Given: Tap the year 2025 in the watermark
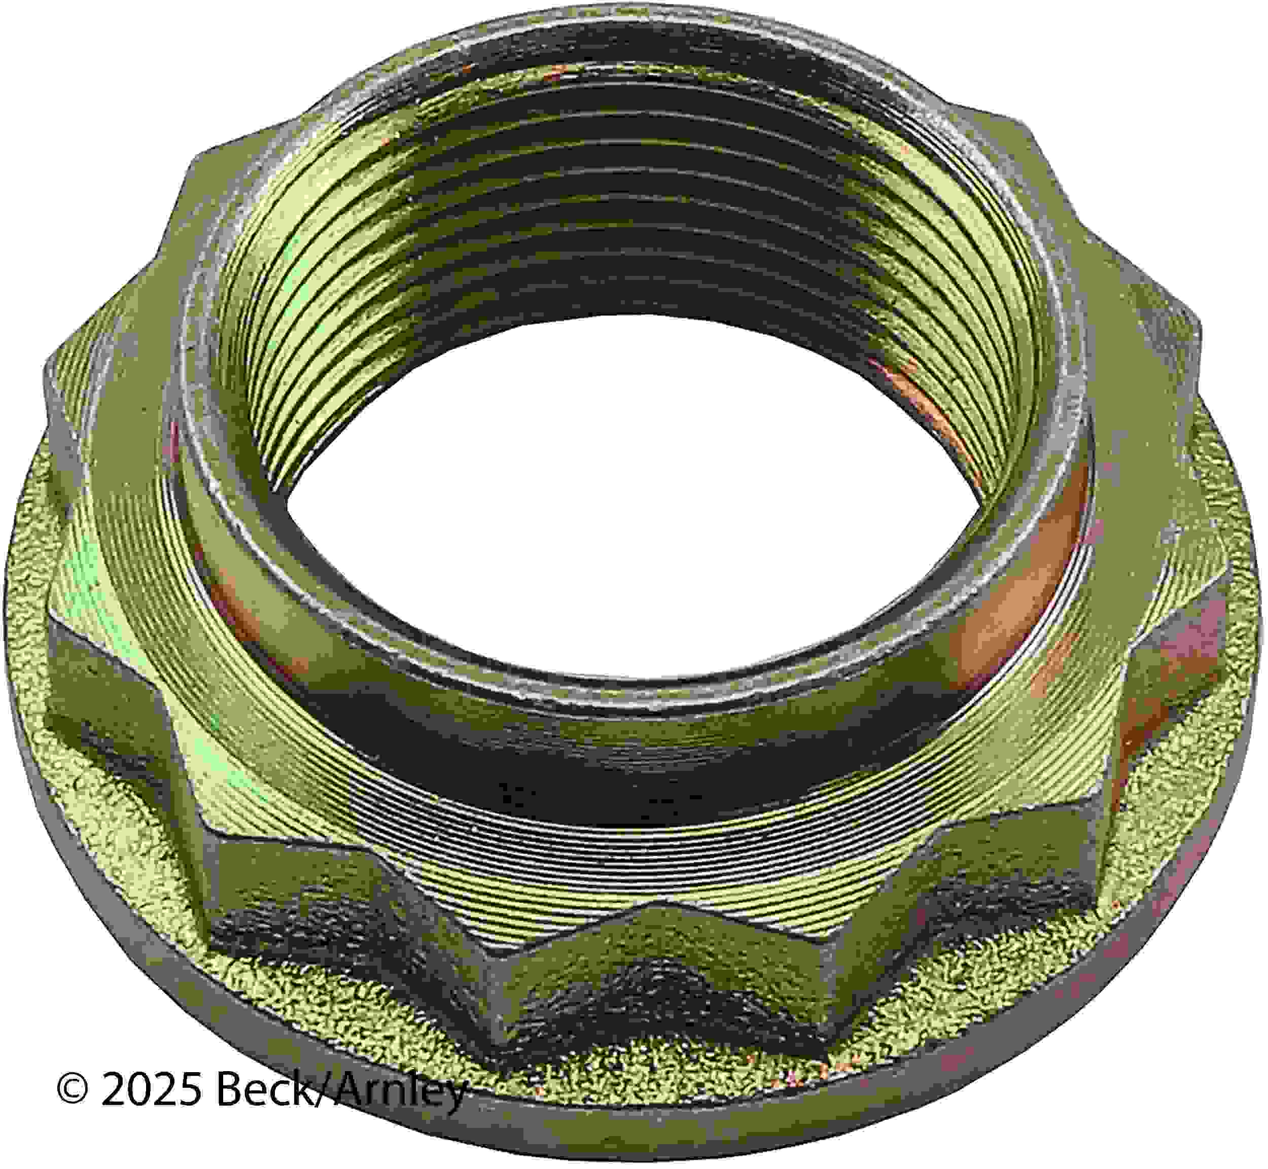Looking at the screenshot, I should click(151, 1089).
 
